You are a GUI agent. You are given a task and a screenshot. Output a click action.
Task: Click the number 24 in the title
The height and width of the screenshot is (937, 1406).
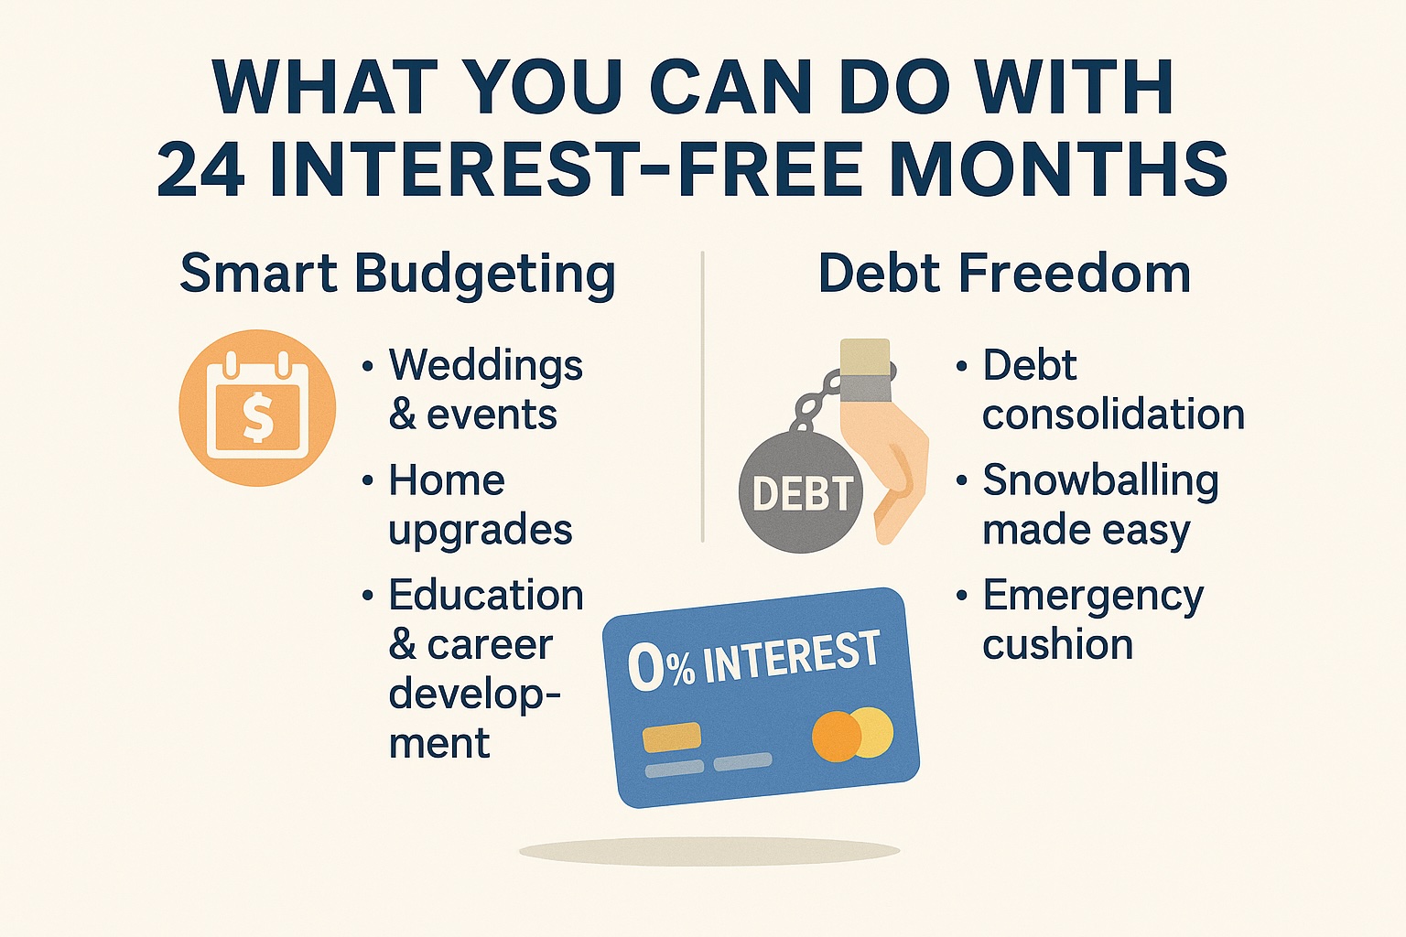click(x=200, y=169)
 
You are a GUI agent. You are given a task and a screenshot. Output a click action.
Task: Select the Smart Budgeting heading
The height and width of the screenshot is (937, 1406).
click(x=397, y=275)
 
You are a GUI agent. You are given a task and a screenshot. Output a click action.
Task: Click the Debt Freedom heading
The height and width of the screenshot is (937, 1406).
click(x=1004, y=274)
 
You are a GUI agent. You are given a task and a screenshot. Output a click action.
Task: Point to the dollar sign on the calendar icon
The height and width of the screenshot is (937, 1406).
click(x=257, y=416)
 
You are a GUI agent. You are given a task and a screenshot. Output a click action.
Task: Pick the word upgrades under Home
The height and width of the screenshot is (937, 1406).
click(x=481, y=531)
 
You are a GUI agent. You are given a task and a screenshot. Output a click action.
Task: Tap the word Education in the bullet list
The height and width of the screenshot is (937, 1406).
click(x=486, y=595)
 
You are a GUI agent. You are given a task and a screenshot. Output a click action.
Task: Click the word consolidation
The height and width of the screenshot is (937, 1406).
click(x=1113, y=415)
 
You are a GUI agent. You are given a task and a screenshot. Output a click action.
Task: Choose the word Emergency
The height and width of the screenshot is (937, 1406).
click(x=1093, y=598)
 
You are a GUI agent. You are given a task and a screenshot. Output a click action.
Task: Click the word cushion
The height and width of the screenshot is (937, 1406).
click(x=1057, y=644)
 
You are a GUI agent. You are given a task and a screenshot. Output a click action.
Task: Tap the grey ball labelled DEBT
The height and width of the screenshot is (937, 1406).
click(x=802, y=492)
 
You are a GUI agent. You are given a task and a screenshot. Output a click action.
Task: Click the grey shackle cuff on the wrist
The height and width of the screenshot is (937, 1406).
click(x=866, y=388)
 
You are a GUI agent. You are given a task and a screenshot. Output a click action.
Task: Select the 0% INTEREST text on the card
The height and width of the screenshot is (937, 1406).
click(x=753, y=661)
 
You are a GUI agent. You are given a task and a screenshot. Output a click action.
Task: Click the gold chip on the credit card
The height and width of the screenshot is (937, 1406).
click(x=672, y=737)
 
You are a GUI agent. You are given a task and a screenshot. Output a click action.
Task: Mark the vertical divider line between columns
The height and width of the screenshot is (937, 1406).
click(x=702, y=396)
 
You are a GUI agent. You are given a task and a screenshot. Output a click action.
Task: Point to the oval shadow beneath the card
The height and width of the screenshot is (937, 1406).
click(x=709, y=851)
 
